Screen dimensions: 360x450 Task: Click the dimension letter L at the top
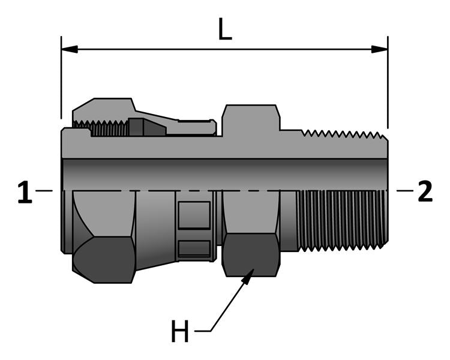coord(224,31)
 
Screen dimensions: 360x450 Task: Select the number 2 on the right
coord(425,192)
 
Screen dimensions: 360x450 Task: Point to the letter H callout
coord(180,331)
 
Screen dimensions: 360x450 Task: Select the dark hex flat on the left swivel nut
coord(104,259)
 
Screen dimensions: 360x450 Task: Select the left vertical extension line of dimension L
coord(61,78)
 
